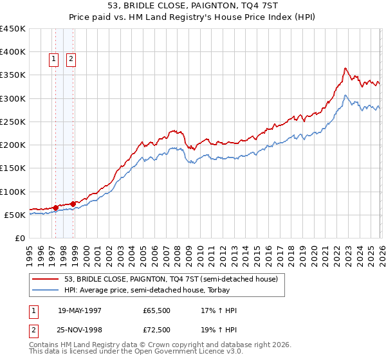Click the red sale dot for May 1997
pos(56,208)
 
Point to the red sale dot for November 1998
pos(73,204)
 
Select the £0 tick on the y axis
pos(19,239)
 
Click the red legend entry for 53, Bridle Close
pos(170,279)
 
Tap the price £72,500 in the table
pos(157,329)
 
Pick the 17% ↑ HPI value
pos(219,310)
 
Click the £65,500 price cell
pos(157,310)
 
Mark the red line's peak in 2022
pos(345,67)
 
